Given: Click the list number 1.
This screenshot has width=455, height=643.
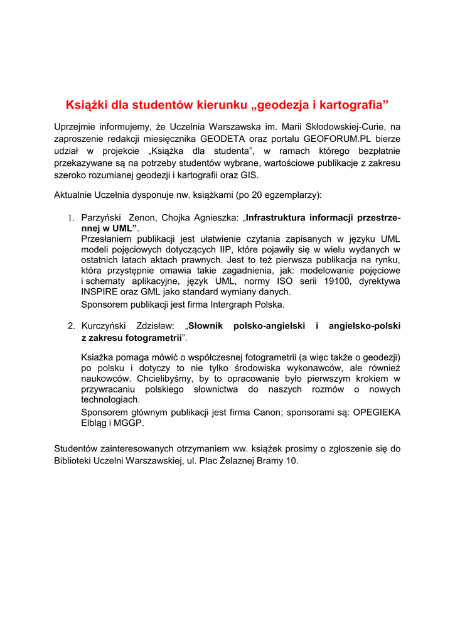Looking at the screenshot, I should (x=71, y=219).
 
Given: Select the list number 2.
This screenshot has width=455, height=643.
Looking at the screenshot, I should (x=71, y=326).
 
